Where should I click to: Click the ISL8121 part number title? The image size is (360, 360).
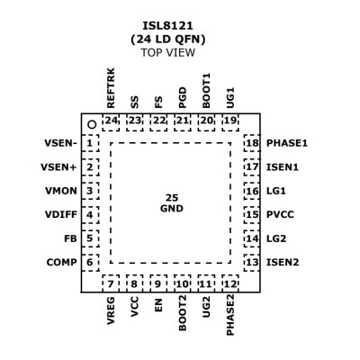(167, 26)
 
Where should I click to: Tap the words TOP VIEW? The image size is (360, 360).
(168, 52)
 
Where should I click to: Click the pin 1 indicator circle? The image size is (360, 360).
(92, 124)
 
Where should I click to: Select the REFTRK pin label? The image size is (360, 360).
(111, 88)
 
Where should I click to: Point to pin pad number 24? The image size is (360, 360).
(111, 122)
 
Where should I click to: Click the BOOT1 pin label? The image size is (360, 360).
(206, 91)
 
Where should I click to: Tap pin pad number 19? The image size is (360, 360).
(230, 122)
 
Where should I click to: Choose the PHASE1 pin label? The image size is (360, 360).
(287, 143)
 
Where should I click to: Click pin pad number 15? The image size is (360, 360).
(252, 215)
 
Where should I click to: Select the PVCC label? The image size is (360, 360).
(280, 215)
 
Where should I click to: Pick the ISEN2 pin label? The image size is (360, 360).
(283, 263)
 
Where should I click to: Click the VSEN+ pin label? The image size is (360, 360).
(58, 167)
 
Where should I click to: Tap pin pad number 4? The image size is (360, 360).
(90, 215)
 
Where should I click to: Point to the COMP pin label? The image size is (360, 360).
(62, 263)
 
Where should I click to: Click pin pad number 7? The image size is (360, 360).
(111, 283)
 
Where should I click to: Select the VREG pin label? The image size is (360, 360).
(111, 310)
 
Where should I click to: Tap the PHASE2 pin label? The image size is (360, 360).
(230, 315)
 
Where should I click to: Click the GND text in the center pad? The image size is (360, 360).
(172, 208)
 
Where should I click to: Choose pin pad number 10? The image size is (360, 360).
(183, 283)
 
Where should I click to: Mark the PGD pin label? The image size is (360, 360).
(183, 98)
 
